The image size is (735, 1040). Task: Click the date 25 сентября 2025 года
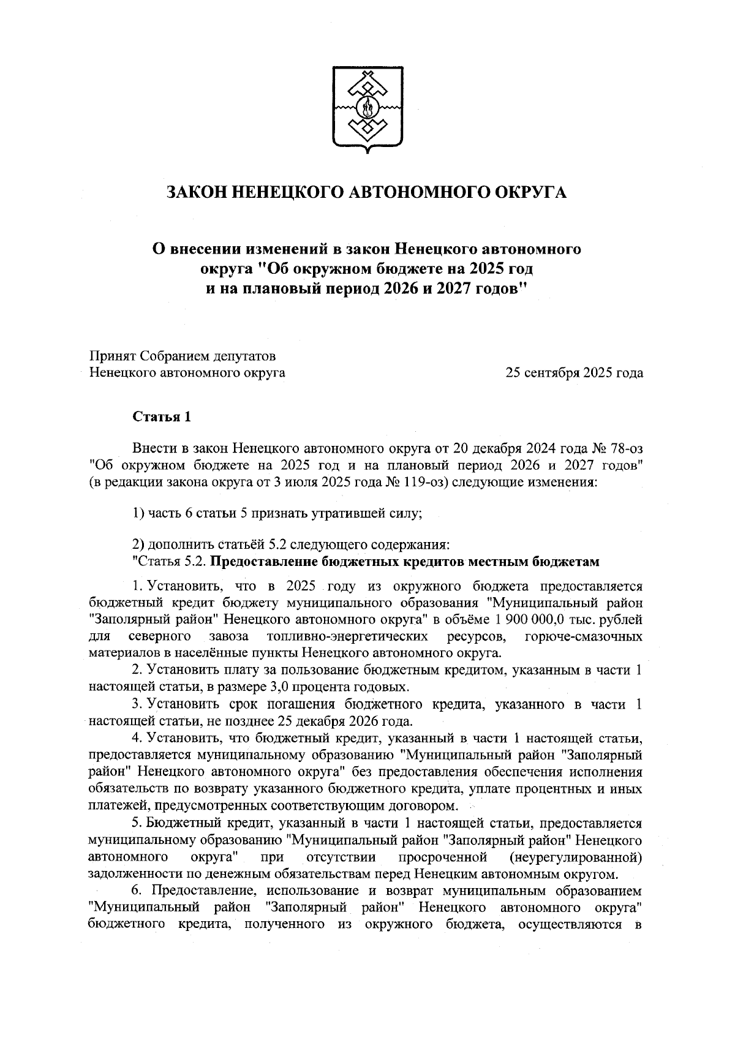(x=574, y=372)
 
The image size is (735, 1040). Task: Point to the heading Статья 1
(x=162, y=417)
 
